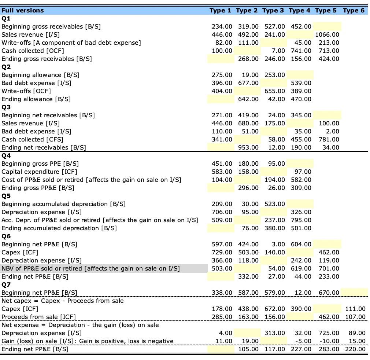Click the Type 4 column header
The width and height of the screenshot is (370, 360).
coord(300,10)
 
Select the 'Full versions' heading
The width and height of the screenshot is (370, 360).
coord(23,10)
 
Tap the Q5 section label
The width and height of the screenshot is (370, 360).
coord(6,196)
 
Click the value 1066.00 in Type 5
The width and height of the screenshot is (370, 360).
coord(327,34)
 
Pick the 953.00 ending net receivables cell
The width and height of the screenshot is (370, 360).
coord(248,147)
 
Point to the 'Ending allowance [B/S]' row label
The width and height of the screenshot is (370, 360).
coord(36,99)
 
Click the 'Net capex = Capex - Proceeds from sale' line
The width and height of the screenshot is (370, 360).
coord(63,301)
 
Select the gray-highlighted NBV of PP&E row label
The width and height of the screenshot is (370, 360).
coord(90,268)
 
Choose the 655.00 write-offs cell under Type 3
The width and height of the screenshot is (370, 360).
coord(275,91)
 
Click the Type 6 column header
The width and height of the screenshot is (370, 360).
coord(354,10)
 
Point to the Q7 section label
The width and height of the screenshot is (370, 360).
coord(6,284)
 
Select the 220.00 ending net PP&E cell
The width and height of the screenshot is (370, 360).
coord(355,349)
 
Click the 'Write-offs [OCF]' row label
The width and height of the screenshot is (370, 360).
coord(26,91)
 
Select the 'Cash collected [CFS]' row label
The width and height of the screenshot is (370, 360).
coord(32,139)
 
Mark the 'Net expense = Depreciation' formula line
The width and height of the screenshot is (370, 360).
coord(80,325)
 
